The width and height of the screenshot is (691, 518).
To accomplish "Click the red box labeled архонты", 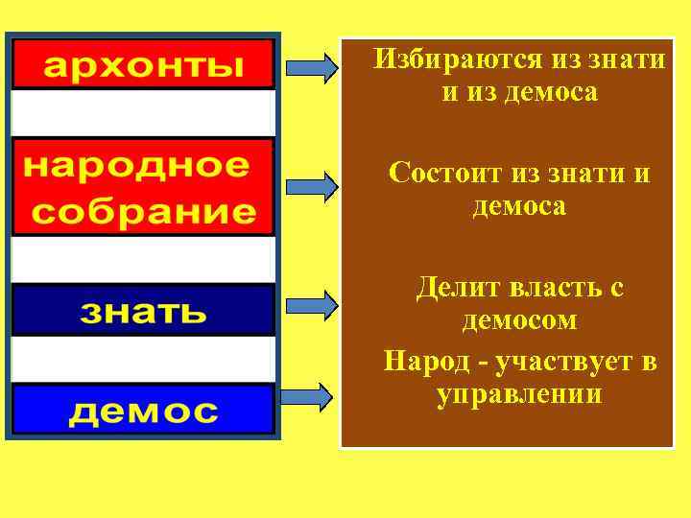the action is tap(143, 64).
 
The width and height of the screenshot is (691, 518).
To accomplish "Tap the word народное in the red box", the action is tap(135, 165).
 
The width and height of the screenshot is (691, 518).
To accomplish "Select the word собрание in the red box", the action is tap(143, 211).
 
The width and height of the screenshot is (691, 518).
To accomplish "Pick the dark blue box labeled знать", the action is tap(143, 310).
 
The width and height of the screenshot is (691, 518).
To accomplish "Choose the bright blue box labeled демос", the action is tap(143, 410).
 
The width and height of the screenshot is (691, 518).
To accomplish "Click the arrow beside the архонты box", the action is tap(312, 67).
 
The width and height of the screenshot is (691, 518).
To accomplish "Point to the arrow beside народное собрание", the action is tap(312, 186).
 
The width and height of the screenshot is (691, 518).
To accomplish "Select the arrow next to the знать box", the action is tap(312, 305).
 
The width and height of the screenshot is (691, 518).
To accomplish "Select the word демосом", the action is tap(519, 319).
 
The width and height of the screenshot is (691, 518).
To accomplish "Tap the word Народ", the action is tap(423, 362).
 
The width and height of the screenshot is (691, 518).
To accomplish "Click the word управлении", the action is tap(519, 394).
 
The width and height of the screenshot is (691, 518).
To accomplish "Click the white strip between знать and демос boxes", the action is tap(143, 360).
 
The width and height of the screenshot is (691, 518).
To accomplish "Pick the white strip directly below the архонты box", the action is tap(143, 113).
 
